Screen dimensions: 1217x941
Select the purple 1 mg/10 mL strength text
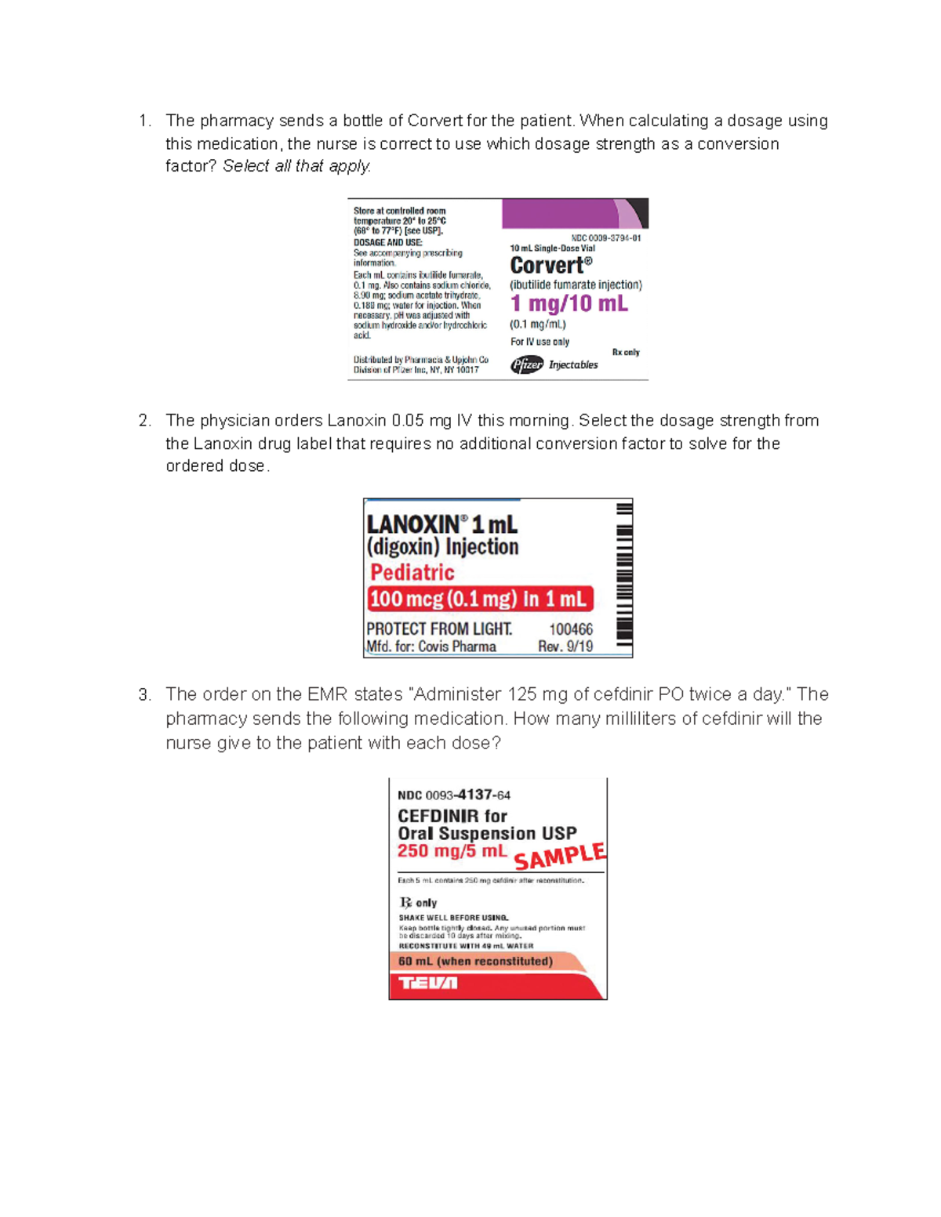[569, 303]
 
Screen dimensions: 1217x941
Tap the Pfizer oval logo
[527, 364]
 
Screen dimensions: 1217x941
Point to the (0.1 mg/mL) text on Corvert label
[538, 324]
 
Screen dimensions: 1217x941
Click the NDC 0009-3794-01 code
[605, 237]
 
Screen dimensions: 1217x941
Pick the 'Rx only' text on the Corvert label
[626, 352]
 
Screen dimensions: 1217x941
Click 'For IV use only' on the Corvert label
[540, 342]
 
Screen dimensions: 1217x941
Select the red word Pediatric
[412, 572]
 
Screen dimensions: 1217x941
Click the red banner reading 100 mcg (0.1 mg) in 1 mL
[479, 599]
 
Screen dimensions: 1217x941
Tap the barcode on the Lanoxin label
[623, 576]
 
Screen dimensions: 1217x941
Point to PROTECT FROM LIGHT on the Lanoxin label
[439, 628]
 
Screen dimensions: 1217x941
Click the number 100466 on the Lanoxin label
[571, 629]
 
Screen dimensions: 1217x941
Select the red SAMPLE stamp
[559, 856]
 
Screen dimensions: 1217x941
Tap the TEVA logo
[427, 983]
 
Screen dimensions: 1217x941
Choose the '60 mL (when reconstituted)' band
[475, 961]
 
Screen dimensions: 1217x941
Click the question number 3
[144, 694]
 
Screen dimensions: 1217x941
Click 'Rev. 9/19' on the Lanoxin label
[565, 647]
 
